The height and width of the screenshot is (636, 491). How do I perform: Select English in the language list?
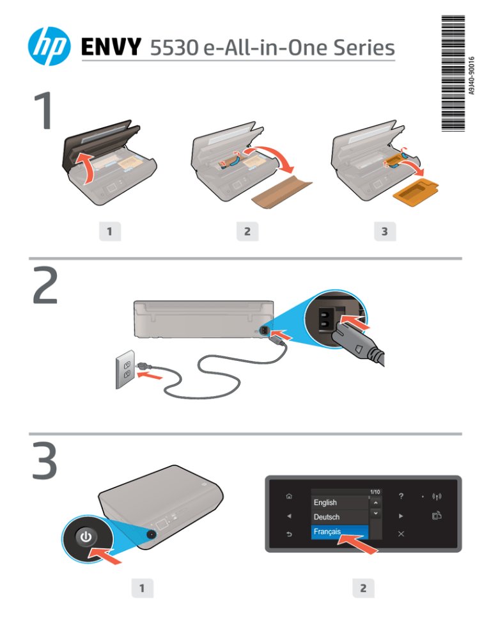pyautogui.click(x=325, y=502)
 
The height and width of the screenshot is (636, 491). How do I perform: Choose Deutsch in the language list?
pyautogui.click(x=327, y=516)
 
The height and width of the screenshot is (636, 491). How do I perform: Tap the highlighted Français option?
pyautogui.click(x=327, y=531)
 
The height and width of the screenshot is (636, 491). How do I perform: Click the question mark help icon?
pyautogui.click(x=400, y=497)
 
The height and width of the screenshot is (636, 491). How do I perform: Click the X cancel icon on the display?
pyautogui.click(x=400, y=533)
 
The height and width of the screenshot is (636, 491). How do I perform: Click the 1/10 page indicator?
pyautogui.click(x=375, y=491)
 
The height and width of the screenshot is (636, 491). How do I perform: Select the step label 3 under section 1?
pyautogui.click(x=383, y=232)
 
